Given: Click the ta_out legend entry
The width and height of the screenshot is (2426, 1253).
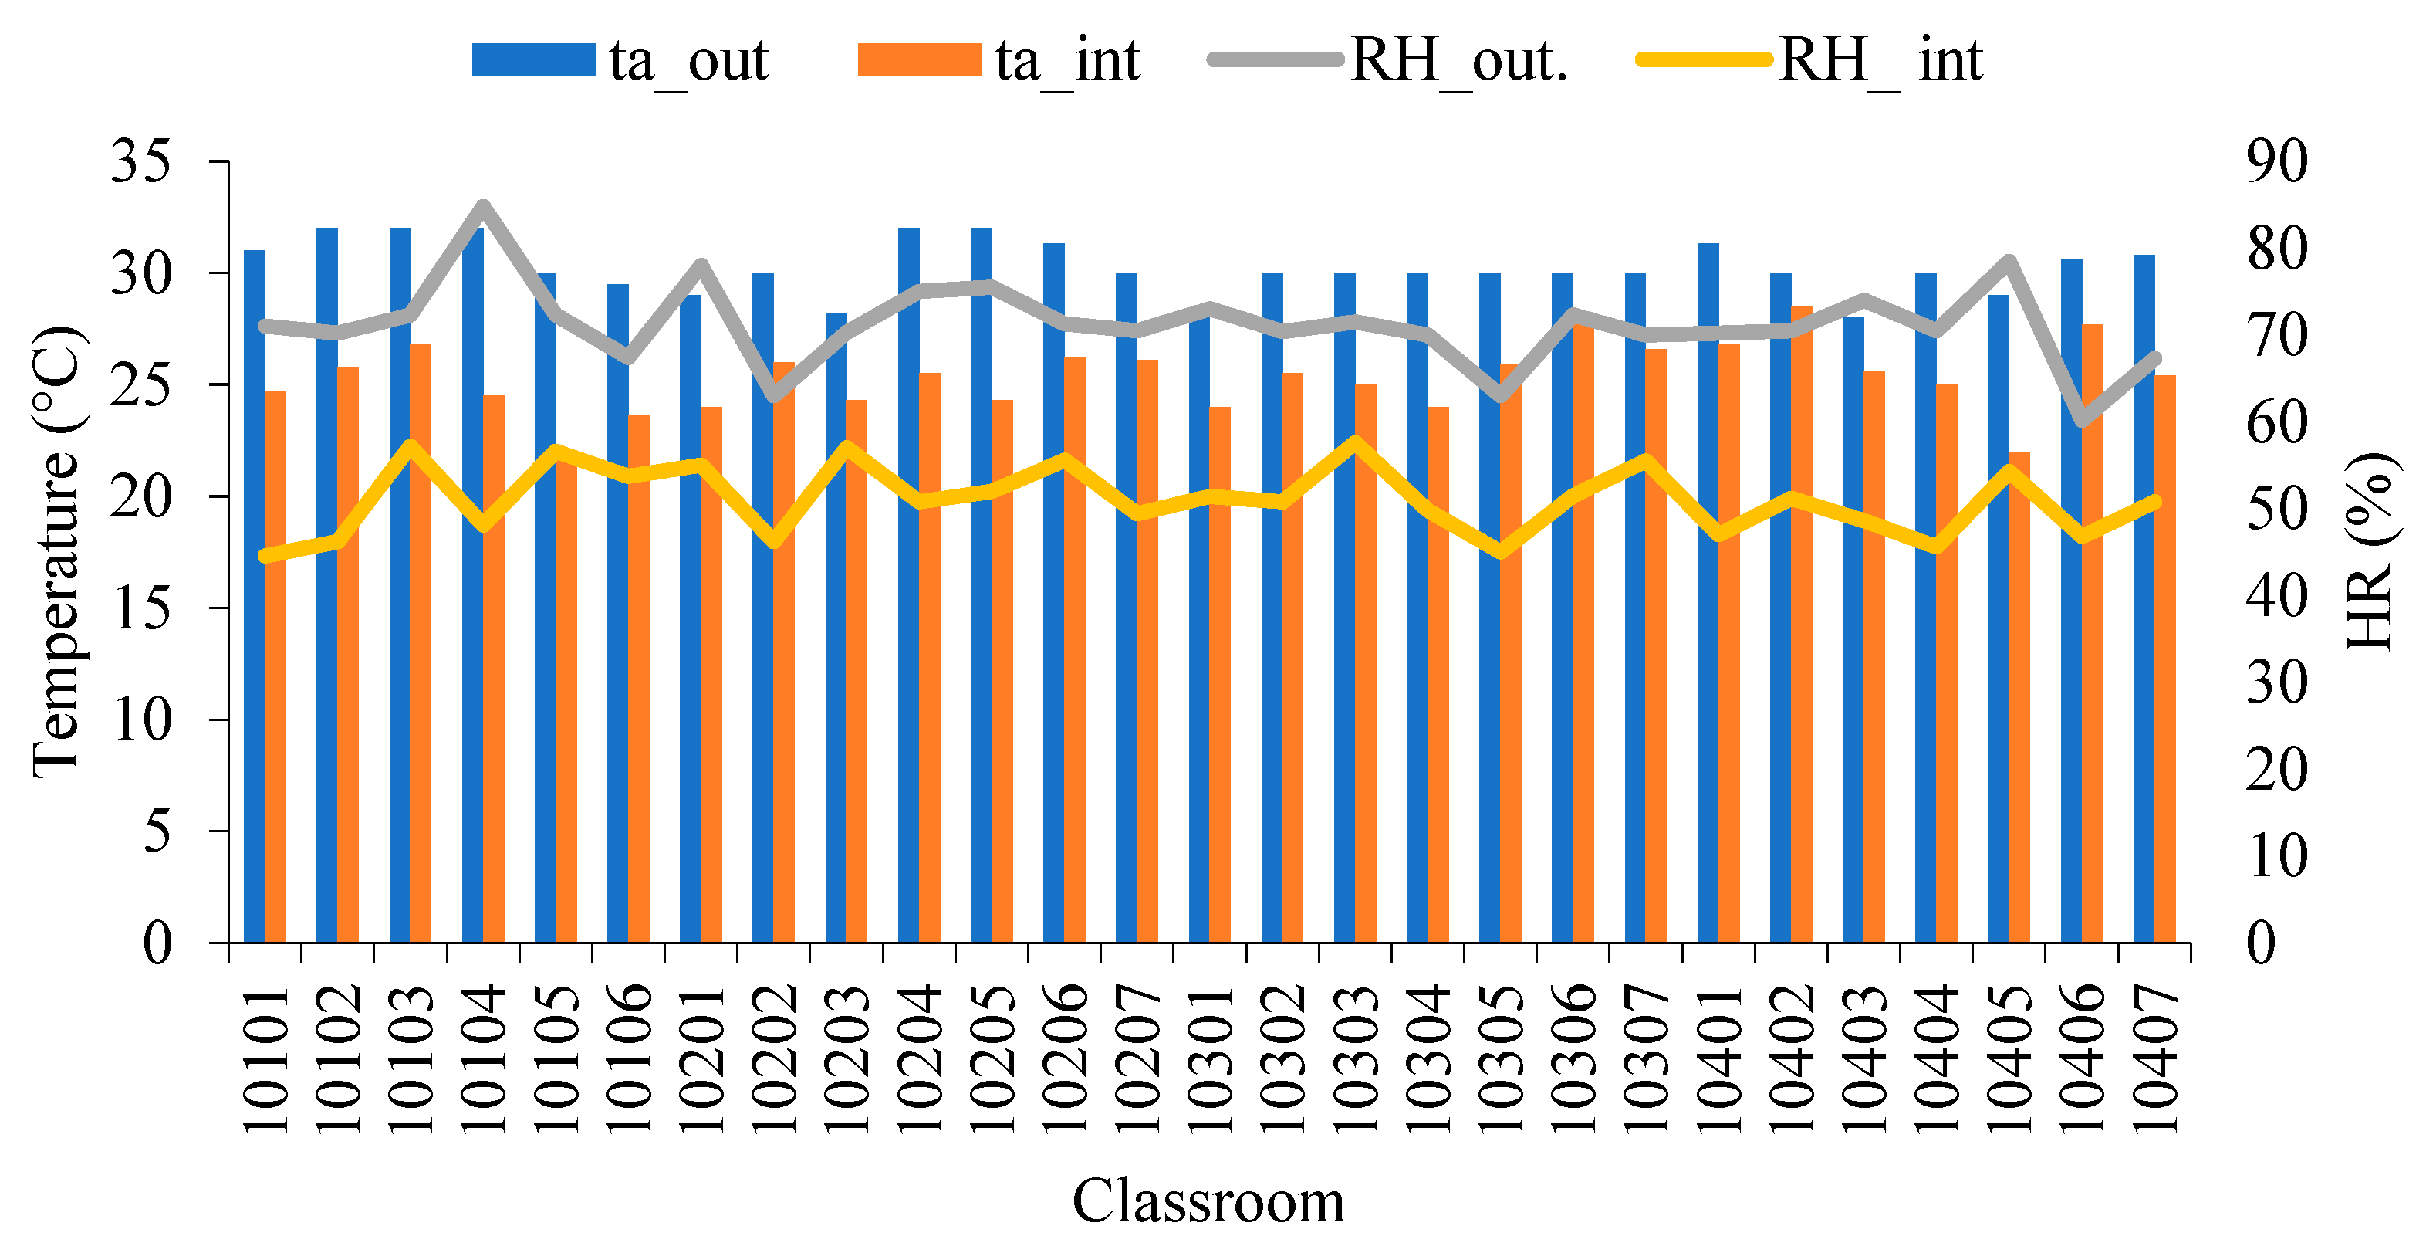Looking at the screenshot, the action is tap(620, 60).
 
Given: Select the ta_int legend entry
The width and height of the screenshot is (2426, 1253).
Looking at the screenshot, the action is tap(999, 60).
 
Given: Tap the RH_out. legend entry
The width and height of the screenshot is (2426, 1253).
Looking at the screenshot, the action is tap(1388, 60).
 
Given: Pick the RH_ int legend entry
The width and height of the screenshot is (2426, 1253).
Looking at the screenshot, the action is tap(1810, 60).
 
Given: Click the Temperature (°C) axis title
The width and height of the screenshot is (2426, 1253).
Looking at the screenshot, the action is tap(57, 552).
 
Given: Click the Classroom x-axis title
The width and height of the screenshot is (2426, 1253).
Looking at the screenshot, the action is tap(1208, 1201).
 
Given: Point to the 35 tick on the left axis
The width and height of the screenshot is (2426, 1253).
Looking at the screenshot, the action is tap(141, 161).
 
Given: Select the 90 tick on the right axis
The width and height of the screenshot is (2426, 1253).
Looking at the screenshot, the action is tap(2277, 161).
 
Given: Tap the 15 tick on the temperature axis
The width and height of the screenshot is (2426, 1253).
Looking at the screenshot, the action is tap(141, 608).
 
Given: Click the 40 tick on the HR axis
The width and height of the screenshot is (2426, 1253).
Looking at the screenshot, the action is tap(2277, 595).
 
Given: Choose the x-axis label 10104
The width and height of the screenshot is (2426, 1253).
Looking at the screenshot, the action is tap(483, 1058).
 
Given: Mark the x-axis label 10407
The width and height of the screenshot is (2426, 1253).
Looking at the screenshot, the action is tap(2154, 1058).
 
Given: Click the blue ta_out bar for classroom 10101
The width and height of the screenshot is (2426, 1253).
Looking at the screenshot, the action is tap(255, 596).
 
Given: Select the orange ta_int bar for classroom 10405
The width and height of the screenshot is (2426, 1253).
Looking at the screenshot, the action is tap(2019, 697).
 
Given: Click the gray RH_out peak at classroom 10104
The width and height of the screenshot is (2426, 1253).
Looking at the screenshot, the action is tap(483, 205).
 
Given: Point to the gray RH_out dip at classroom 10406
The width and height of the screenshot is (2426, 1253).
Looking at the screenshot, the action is tap(2081, 419).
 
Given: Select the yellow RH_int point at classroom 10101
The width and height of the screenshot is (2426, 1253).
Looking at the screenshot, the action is tap(265, 556).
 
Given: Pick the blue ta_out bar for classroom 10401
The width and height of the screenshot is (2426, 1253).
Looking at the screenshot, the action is tap(1708, 593).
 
